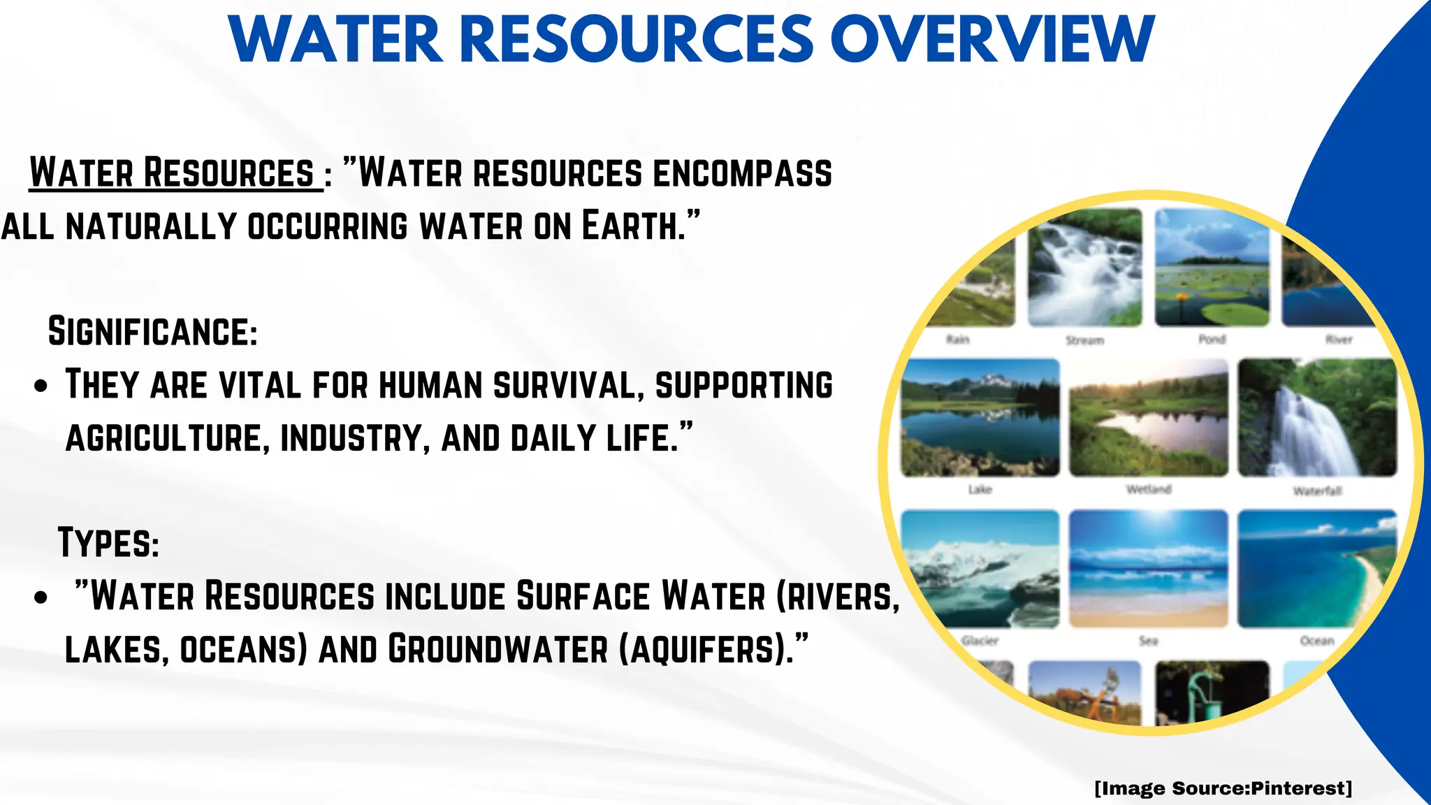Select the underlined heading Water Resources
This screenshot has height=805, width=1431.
tap(172, 173)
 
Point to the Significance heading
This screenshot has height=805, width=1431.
tap(152, 331)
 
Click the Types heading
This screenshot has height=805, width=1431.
tap(108, 542)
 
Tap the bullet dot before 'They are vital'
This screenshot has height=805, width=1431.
tap(41, 386)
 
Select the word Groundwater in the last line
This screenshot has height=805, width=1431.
tap(498, 649)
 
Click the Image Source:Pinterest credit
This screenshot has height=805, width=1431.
tap(1223, 788)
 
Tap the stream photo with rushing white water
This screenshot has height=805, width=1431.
tap(1084, 267)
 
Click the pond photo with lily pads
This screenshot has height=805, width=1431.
tap(1212, 267)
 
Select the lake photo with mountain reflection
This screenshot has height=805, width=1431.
tap(980, 418)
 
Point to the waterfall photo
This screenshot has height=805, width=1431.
tap(1316, 418)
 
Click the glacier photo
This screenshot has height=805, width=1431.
tap(980, 569)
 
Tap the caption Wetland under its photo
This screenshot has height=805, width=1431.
tap(1149, 489)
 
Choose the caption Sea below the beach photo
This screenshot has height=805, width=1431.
tap(1149, 640)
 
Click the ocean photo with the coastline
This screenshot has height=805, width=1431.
tap(1316, 569)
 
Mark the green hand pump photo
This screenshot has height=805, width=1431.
tap(1210, 692)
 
